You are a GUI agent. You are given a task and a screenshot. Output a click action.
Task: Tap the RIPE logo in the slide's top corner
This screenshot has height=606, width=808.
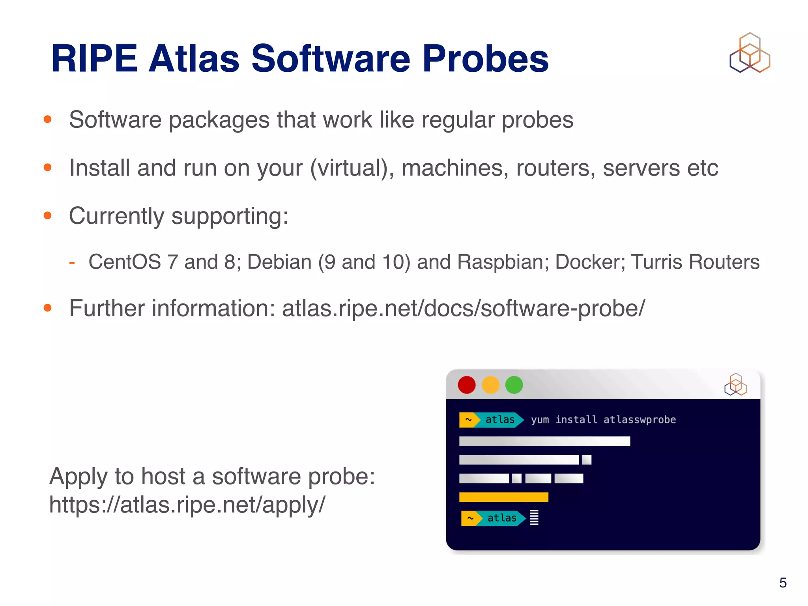(750, 53)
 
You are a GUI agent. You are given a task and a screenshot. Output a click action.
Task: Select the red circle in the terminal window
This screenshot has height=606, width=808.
(466, 385)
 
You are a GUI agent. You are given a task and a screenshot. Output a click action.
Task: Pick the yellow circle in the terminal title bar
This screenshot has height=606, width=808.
(490, 385)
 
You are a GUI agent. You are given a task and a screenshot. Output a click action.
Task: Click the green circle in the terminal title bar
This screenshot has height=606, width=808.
(514, 385)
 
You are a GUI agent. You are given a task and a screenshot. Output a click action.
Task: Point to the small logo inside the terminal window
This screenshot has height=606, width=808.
(735, 385)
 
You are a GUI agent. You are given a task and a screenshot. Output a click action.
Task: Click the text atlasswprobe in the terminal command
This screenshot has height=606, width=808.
(640, 419)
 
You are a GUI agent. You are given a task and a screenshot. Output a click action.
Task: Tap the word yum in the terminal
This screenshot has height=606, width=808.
(540, 420)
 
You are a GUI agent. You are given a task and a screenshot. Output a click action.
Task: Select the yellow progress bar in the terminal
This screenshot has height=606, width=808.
(503, 497)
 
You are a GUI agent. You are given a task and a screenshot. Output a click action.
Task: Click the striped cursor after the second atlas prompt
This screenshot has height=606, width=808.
(534, 518)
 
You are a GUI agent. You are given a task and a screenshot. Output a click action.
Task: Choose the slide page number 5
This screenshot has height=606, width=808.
(783, 583)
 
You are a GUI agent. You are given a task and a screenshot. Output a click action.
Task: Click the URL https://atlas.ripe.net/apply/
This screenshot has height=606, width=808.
(187, 505)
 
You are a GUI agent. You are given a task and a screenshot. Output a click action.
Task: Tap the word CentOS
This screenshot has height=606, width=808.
(125, 262)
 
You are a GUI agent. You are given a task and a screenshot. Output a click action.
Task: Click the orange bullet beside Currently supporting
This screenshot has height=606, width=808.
(48, 215)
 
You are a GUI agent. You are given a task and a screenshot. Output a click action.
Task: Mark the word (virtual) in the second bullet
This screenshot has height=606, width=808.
(352, 168)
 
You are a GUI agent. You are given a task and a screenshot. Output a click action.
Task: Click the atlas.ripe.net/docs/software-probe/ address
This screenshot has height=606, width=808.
(463, 308)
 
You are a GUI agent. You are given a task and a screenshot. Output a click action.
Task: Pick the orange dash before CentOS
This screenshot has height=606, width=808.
(72, 262)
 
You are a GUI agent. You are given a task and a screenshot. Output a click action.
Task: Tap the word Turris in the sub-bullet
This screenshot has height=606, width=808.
(656, 262)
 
